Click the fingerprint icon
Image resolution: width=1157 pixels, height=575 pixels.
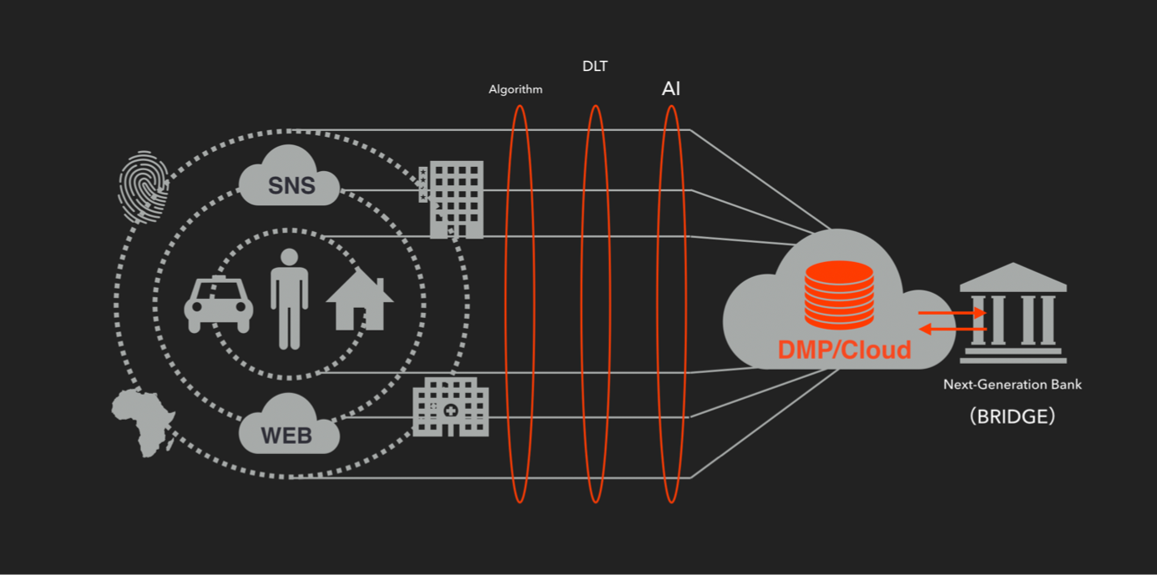tap(144, 187)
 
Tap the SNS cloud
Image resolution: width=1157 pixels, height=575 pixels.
tap(290, 178)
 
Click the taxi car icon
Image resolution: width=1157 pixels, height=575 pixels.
tap(219, 304)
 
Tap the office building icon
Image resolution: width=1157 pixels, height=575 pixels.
tap(455, 199)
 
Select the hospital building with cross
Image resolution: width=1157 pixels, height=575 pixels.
tap(451, 406)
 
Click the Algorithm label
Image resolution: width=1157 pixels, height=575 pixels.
tap(515, 89)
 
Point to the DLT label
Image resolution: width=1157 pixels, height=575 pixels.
tap(595, 67)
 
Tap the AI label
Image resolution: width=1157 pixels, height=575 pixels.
tap(671, 88)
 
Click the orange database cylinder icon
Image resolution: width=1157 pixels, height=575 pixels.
tap(839, 295)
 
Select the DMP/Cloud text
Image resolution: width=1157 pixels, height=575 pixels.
tap(844, 350)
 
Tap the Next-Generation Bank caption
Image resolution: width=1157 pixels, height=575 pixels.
tap(1012, 385)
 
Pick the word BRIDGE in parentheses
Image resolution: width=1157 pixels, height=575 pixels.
tap(1013, 416)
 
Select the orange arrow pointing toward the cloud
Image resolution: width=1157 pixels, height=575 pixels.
tap(952, 330)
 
